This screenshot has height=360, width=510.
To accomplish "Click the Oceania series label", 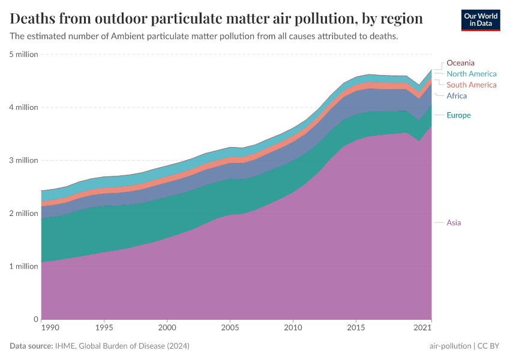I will click(x=460, y=62).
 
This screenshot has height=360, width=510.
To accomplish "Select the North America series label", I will click(x=472, y=74).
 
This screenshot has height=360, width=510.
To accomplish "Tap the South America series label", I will click(x=472, y=85).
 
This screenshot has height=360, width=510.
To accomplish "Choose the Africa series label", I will click(x=457, y=96).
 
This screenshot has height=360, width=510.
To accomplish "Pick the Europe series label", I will click(x=459, y=115).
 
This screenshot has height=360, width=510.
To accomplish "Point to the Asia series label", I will click(x=454, y=223).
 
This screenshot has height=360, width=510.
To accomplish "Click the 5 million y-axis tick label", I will click(x=23, y=55).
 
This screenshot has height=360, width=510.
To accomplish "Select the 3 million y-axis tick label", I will click(x=23, y=160).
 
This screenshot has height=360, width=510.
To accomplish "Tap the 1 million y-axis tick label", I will click(x=23, y=266).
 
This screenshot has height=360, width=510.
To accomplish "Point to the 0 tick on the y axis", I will click(x=35, y=319).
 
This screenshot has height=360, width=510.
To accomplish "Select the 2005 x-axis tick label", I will click(x=230, y=329).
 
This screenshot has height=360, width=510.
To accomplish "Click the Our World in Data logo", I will click(x=480, y=20).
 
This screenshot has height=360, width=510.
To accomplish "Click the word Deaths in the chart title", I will click(x=34, y=18).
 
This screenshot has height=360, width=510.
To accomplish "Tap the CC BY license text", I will click(x=488, y=346).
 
